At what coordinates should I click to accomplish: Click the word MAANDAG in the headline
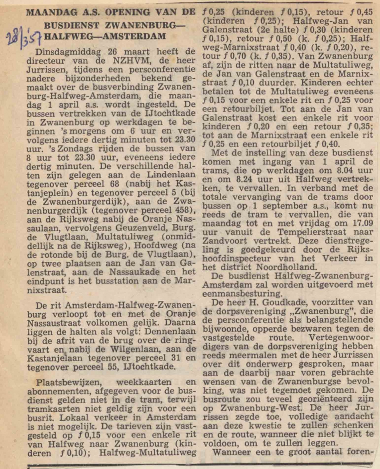[47, 13]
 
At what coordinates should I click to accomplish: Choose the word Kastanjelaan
[55, 358]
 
